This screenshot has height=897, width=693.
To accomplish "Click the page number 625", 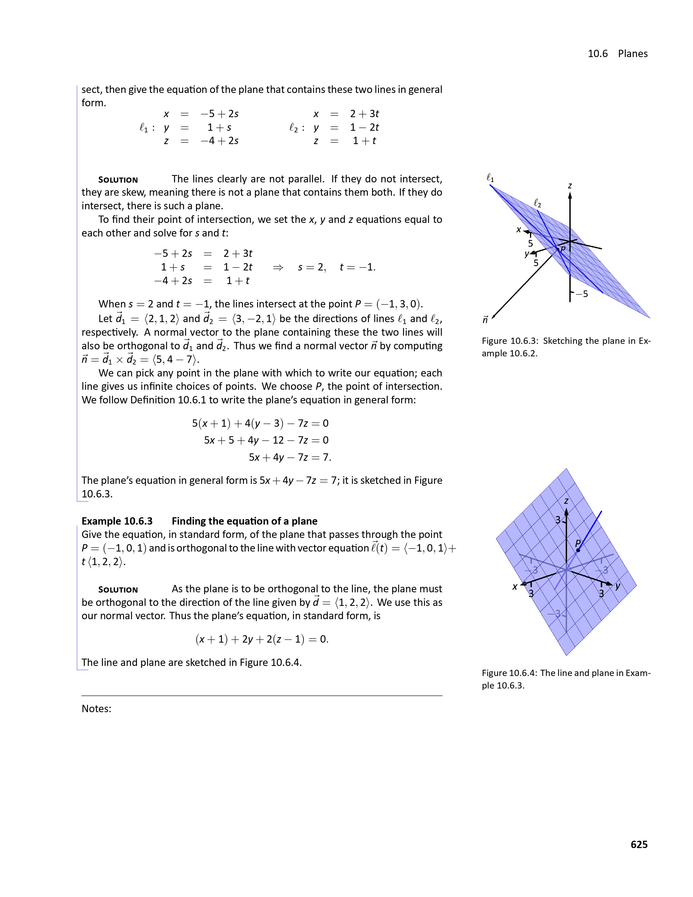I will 639,845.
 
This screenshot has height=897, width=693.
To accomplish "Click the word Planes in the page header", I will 633,54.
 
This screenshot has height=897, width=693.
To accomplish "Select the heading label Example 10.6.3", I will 117,521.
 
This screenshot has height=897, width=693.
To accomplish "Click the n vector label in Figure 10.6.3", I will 485,320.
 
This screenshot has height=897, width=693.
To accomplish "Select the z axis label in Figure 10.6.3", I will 570,186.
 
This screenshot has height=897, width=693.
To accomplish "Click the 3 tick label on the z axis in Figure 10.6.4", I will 558,520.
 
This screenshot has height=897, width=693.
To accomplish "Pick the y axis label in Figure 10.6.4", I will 617,586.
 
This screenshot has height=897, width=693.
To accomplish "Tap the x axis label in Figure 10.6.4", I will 515,587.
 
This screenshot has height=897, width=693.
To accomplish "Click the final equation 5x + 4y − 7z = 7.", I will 290,457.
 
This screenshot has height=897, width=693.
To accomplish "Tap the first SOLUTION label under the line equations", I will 118,180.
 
